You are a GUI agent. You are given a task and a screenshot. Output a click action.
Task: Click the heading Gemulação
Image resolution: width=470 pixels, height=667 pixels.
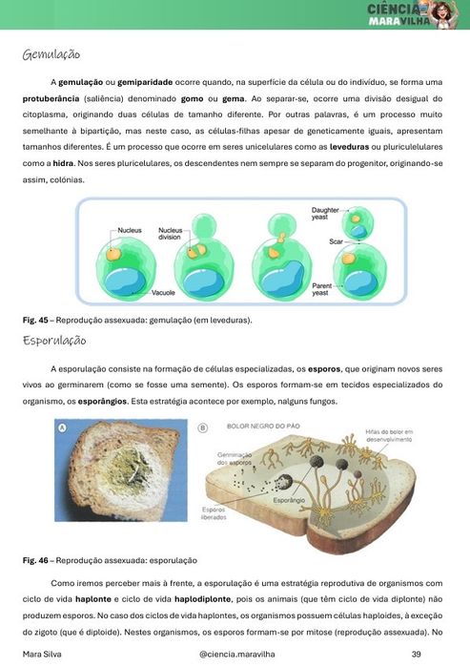pyautogui.click(x=51, y=55)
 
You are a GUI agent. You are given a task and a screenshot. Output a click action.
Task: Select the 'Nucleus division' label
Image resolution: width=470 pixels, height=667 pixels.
pyautogui.click(x=171, y=234)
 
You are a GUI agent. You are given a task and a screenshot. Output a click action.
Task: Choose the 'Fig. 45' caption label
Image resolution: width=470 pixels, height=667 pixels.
pyautogui.click(x=35, y=321)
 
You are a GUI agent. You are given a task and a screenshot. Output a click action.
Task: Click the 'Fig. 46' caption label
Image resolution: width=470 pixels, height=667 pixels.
pyautogui.click(x=35, y=560)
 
